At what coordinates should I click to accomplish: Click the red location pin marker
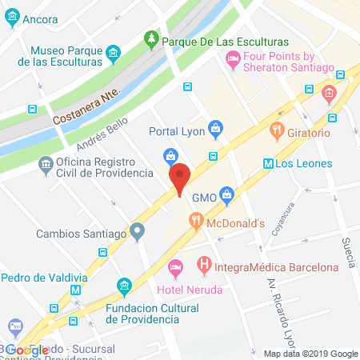point(180,178)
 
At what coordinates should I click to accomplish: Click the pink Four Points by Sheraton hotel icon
point(233,57)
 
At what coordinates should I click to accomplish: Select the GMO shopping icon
point(227,192)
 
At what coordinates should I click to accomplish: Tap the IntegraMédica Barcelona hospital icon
point(205,262)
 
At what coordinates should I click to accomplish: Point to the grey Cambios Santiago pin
point(138,234)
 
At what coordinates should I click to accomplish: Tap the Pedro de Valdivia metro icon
point(76,291)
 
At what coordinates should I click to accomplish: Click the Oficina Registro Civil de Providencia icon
point(46,164)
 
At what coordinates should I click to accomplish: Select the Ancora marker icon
point(12,18)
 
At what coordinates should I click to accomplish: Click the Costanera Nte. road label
point(85,108)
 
